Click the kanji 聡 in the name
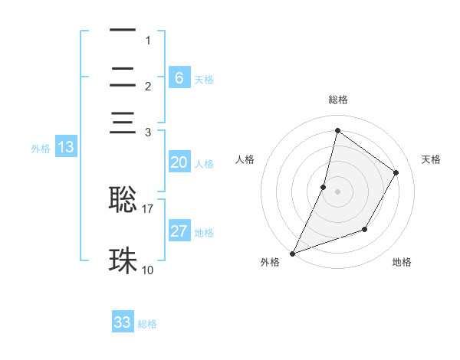coord(123,198)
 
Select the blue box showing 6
coord(179,77)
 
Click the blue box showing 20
coord(179,162)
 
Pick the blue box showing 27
coord(179,231)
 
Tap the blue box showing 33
coord(123,322)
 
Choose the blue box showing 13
coord(66,147)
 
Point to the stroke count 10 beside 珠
coord(148,270)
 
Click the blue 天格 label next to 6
coord(204,79)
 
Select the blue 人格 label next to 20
coord(204,164)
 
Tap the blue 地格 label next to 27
coord(204,233)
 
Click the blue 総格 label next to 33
coord(147,324)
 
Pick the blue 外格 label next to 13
coord(41,149)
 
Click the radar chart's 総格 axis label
coord(337,100)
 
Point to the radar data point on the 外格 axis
coord(292,253)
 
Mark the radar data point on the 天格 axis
coord(396,172)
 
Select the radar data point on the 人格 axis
coord(324,187)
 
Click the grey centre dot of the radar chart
coord(337,191)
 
